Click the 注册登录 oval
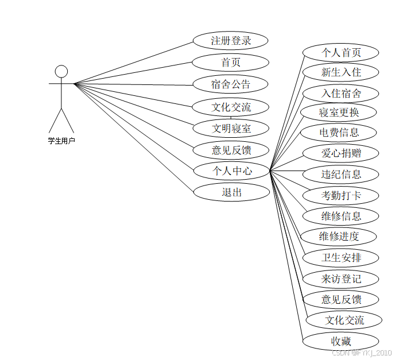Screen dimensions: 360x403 pos(231,41)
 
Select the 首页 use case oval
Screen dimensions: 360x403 pos(231,63)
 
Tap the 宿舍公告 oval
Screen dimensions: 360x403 pos(231,84)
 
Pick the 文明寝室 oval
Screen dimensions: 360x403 pos(231,129)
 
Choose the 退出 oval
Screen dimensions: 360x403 pos(231,192)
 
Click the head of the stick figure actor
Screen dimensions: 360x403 pos(61,71)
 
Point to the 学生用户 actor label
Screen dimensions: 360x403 pos(61,140)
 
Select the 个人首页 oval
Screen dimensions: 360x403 pos(341,53)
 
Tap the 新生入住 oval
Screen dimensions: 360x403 pos(341,72)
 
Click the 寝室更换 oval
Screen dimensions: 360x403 pos(339,112)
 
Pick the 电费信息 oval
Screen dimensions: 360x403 pos(339,133)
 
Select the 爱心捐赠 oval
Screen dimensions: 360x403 pos(341,153)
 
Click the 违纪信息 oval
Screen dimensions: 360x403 pos(341,174)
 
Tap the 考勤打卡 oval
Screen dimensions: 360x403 pos(341,196)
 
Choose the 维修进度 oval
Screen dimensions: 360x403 pos(339,236)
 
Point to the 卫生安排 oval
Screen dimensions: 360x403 pos(341,257)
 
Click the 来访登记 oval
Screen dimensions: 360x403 pos(341,279)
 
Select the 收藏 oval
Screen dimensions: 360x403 pos(341,341)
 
